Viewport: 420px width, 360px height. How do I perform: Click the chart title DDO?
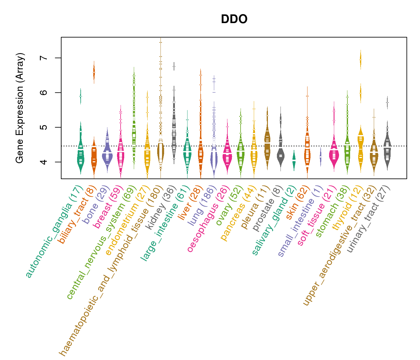point(234,19)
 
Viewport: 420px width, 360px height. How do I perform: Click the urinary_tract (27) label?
point(369,219)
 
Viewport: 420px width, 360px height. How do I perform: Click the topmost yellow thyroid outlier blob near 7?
point(361,60)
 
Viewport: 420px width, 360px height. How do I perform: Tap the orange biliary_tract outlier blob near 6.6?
point(94,72)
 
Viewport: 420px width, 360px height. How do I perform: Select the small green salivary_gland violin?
point(294,160)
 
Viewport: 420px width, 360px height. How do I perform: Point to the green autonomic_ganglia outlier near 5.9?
point(80,96)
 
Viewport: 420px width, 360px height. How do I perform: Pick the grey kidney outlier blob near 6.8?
point(174,66)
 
